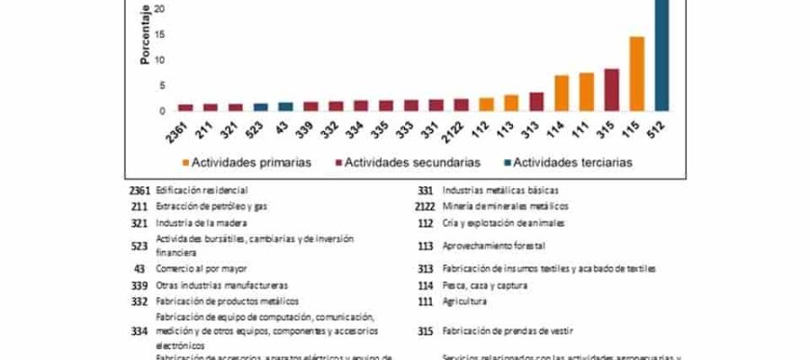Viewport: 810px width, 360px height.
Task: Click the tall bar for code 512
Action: point(661,54)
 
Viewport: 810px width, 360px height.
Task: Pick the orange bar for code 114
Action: point(561,93)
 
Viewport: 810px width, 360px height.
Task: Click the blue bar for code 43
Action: point(285,106)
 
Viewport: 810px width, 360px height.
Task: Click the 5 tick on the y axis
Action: point(162,85)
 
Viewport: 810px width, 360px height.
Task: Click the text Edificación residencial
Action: point(201,190)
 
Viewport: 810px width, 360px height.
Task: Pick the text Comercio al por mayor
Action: point(202,268)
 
